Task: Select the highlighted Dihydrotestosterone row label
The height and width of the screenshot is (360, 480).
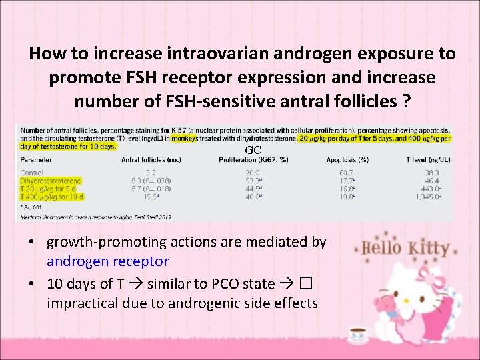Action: coord(51,181)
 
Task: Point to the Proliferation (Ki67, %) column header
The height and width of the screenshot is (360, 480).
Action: coord(252,160)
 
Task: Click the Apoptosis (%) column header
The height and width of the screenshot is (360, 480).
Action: coord(347,160)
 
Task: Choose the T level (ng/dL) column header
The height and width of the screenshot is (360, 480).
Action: coord(429,160)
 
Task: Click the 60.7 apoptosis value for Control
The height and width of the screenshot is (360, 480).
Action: coord(345,173)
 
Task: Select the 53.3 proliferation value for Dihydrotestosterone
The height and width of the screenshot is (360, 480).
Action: coord(252,181)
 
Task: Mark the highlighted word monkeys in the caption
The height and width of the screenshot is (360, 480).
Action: coord(189,138)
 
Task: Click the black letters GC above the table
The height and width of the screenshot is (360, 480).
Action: coord(252,150)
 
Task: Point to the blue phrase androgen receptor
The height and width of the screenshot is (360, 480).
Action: coord(107,261)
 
